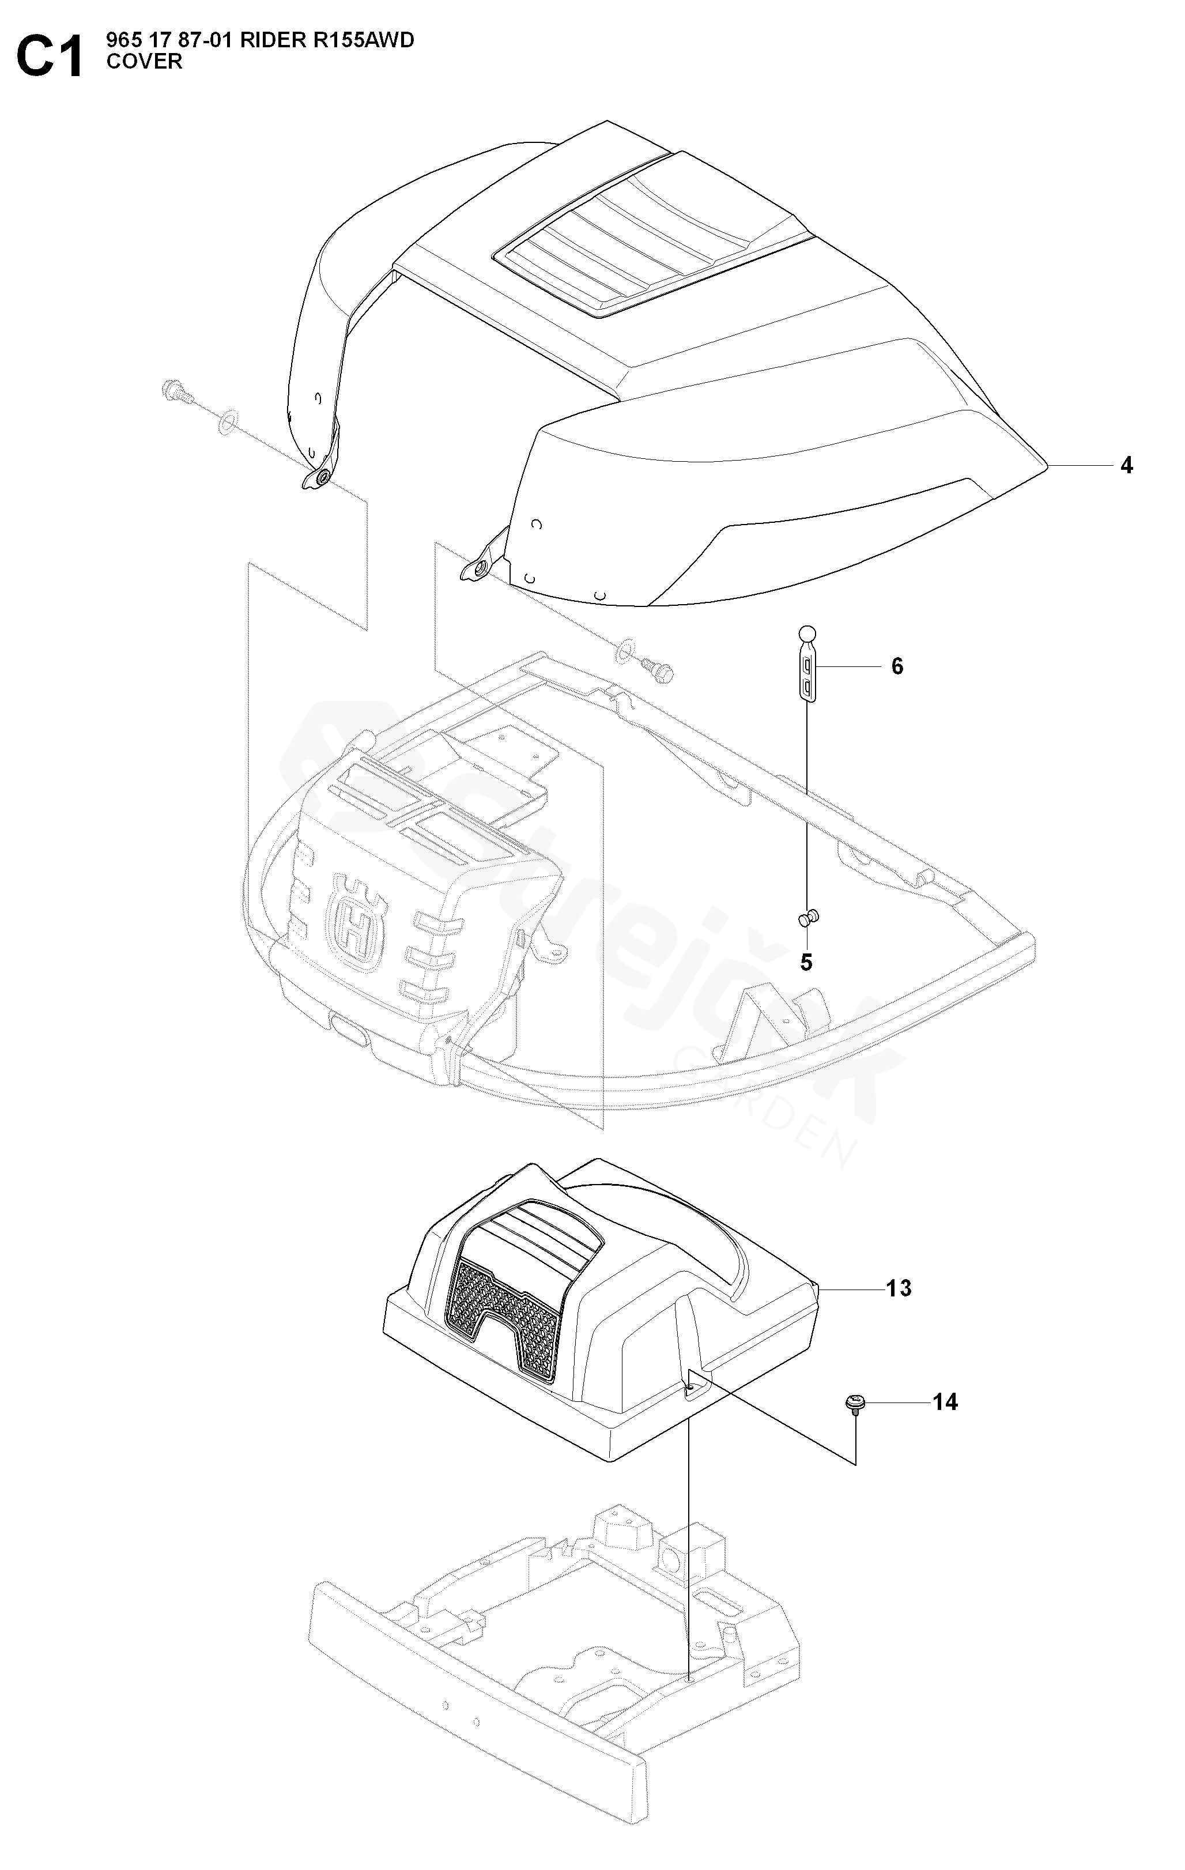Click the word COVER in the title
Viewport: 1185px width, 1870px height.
pyautogui.click(x=145, y=62)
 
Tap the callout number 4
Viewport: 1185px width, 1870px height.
pyautogui.click(x=1126, y=466)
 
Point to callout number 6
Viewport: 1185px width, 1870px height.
pyautogui.click(x=897, y=666)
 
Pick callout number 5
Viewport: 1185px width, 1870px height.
pyautogui.click(x=806, y=963)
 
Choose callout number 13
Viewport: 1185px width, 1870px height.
pyautogui.click(x=899, y=1288)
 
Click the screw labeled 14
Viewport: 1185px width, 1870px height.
pyautogui.click(x=854, y=1405)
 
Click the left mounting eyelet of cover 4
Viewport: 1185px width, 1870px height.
pyautogui.click(x=318, y=478)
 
